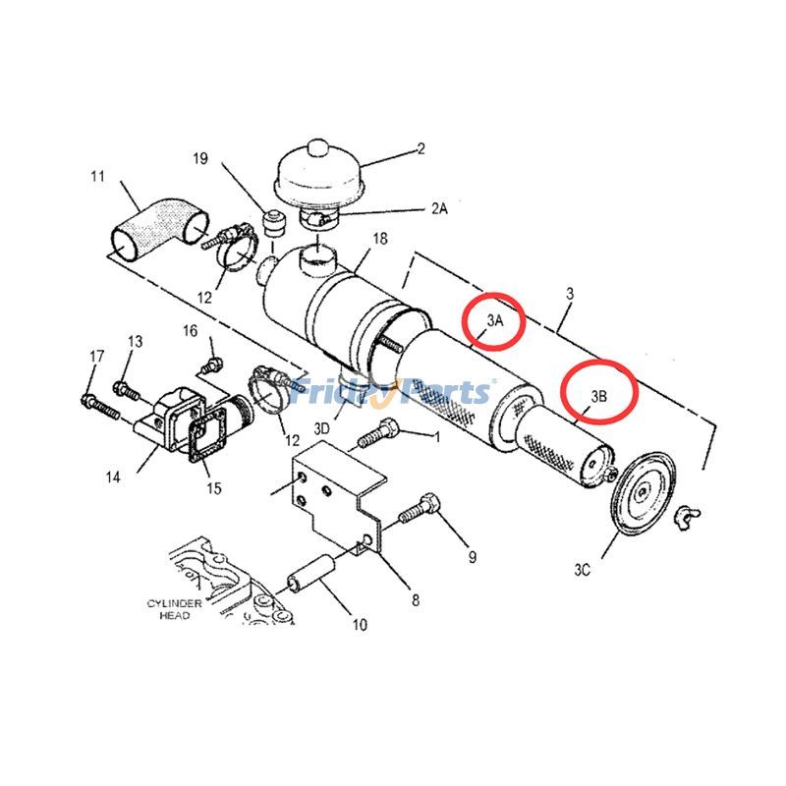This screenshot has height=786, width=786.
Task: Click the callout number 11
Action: [x=97, y=177]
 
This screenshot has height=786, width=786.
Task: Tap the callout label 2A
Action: [x=439, y=208]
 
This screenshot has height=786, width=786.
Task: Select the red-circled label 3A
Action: [x=495, y=321]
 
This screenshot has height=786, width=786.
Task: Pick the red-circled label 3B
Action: [x=598, y=397]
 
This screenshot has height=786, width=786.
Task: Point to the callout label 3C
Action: [x=582, y=570]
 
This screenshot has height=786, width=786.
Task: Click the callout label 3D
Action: [x=322, y=429]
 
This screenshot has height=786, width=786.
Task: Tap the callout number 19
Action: [x=200, y=158]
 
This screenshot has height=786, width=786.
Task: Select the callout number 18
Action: [x=380, y=239]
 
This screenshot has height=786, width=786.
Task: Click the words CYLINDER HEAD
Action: [x=175, y=609]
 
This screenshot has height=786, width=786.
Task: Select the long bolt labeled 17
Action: [x=100, y=407]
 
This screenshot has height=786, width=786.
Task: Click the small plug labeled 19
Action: [x=274, y=224]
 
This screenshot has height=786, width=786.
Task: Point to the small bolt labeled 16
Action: [x=211, y=365]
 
